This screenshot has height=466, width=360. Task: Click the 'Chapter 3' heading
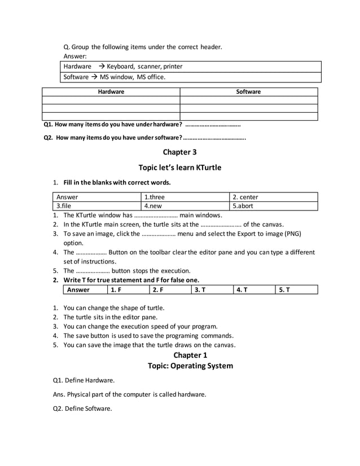tap(179, 152)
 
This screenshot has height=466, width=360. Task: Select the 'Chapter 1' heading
tap(190, 355)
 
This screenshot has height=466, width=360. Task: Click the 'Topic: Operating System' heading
tap(190, 366)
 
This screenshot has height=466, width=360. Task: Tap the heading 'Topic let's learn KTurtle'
tap(179, 168)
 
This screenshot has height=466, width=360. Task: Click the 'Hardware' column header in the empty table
tap(111, 91)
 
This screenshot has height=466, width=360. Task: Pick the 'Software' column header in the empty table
tap(248, 91)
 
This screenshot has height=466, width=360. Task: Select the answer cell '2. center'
tap(245, 197)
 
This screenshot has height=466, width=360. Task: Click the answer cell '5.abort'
tap(243, 206)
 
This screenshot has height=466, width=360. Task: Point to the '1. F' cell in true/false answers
tap(116, 290)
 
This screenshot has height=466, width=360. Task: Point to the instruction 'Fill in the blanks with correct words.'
tap(117, 182)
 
